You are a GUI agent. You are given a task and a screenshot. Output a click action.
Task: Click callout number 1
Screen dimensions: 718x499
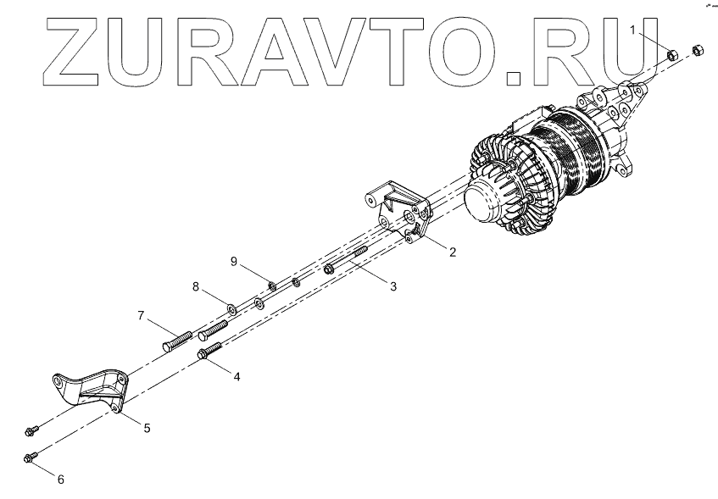coord(632,30)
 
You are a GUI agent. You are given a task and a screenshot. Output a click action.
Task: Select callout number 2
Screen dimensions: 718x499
coord(452,251)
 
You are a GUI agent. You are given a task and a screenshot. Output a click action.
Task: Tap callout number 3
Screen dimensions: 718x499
coord(392,286)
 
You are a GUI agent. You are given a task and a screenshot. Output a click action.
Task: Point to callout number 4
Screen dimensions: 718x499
coord(237,375)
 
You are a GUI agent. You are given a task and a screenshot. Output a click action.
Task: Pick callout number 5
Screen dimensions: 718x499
coord(147,428)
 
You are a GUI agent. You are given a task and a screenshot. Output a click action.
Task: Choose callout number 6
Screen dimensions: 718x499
coord(60,480)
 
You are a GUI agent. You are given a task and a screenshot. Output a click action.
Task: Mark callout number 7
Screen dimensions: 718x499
coord(142,317)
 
